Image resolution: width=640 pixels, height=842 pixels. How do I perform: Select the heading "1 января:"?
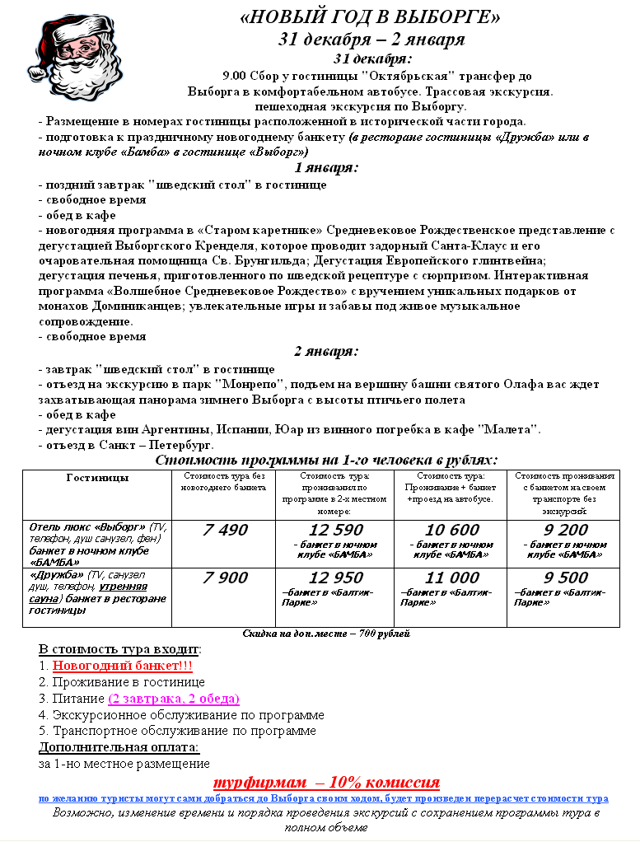pos(326,168)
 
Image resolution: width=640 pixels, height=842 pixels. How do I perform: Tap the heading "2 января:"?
pos(326,352)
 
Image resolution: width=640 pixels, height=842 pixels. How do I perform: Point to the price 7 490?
pos(224,530)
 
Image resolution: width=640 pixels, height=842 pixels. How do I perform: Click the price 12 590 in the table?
pos(335,530)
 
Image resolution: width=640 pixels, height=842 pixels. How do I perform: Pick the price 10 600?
pos(452,530)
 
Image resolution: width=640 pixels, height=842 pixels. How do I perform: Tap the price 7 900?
pos(224,578)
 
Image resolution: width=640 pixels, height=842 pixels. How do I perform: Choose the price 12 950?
pos(335,578)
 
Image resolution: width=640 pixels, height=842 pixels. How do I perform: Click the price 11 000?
pos(452,578)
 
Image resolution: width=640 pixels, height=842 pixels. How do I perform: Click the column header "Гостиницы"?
pos(96,477)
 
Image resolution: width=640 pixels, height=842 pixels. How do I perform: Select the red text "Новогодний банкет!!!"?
pos(123,666)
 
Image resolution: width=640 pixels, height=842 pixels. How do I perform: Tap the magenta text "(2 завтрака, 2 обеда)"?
pos(173,699)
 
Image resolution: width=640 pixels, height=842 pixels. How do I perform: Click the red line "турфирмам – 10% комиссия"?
pos(326,782)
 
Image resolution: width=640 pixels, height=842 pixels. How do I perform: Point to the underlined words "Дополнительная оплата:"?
pos(119,747)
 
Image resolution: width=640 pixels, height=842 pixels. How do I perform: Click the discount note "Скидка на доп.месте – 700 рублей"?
pos(326,634)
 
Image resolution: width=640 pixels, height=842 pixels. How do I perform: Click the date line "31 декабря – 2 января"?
pos(371,40)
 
